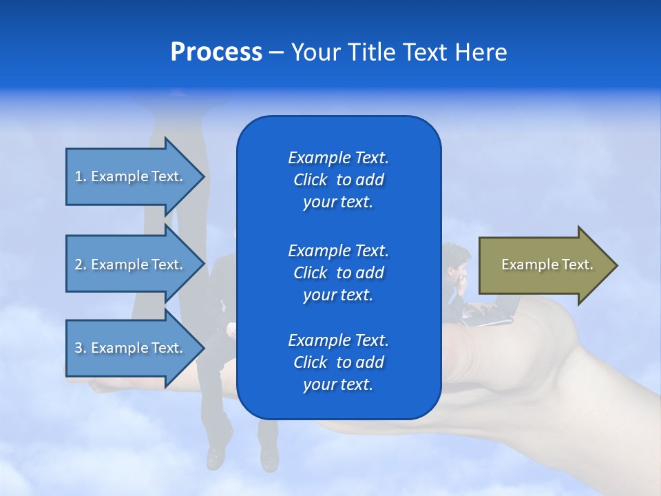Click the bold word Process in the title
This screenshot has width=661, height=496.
[216, 52]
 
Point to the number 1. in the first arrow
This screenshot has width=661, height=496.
[81, 176]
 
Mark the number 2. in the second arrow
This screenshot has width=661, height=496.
[81, 265]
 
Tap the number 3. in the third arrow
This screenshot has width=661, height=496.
[81, 348]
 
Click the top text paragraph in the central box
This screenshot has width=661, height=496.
[338, 180]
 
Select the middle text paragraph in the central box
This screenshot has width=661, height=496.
[338, 273]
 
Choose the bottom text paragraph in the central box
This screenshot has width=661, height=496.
[338, 362]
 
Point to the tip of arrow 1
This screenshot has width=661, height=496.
[203, 176]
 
